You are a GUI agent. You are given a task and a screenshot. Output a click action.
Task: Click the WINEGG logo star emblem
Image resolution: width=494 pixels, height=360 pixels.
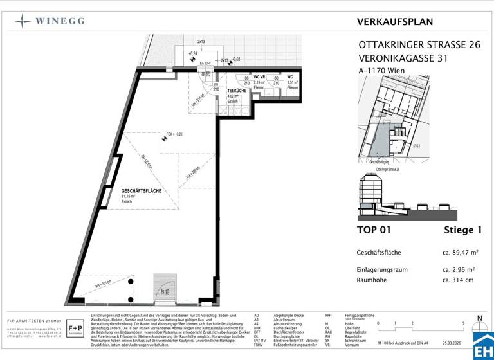[x=23, y=21]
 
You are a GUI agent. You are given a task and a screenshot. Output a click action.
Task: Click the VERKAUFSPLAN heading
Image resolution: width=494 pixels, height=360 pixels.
[x=394, y=22]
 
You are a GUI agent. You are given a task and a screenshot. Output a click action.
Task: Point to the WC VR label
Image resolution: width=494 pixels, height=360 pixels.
[x=261, y=77]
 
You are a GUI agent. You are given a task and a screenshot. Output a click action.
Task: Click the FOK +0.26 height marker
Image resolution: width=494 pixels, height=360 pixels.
[x=174, y=134]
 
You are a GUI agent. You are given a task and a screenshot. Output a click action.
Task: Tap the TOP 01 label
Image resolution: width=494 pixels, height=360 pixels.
[x=374, y=230]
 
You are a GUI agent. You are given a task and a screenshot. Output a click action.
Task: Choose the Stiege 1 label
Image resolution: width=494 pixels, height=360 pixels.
[x=463, y=230]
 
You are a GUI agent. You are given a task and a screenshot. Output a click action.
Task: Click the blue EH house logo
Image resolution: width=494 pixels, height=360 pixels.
[x=482, y=345]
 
